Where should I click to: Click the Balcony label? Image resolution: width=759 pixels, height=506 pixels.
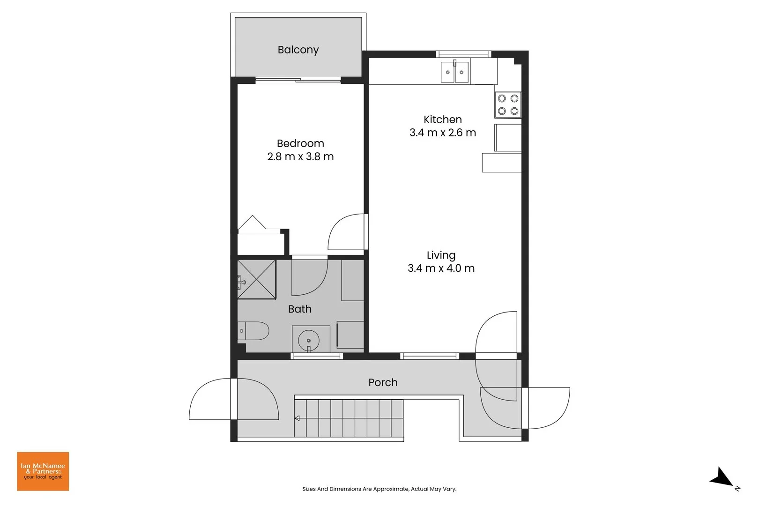(298, 50)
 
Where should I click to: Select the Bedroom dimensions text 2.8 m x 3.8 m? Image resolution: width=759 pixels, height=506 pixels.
(300, 156)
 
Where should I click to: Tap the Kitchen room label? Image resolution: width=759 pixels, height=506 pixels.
(442, 119)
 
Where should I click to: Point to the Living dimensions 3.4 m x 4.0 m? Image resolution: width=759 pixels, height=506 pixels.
(441, 268)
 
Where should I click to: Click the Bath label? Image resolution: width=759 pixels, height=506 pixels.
(299, 309)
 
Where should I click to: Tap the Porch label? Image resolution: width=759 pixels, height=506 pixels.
(383, 382)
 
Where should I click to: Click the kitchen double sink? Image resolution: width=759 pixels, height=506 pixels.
(454, 72)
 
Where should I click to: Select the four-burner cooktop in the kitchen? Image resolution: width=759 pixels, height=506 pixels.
(508, 104)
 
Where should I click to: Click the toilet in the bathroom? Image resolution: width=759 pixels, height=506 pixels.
(253, 331)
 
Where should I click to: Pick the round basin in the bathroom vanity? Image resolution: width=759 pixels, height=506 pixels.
(309, 339)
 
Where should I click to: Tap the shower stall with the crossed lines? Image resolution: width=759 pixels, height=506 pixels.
(257, 280)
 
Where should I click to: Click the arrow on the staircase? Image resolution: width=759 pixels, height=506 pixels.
(297, 418)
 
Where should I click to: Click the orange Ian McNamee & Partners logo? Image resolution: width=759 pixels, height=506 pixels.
(43, 471)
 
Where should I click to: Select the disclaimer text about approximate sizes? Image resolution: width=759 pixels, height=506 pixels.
(379, 489)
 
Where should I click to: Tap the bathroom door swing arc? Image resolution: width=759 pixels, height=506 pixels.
(309, 277)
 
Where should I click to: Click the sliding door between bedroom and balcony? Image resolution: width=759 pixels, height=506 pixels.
(298, 81)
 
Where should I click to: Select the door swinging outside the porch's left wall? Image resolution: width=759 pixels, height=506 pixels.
(211, 399)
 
